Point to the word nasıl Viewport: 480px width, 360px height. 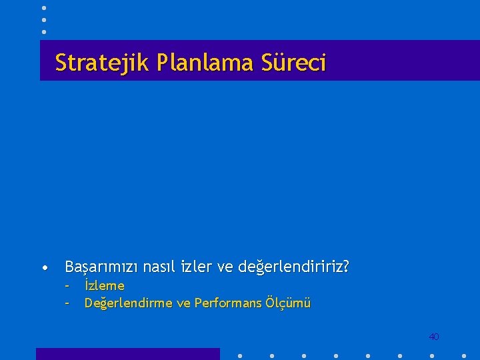(159, 267)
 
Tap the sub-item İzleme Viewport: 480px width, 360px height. (105, 286)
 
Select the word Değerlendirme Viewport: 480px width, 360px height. (126, 303)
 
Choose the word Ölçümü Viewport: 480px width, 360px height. (288, 303)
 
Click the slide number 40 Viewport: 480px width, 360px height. (433, 337)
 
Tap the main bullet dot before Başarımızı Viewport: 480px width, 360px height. (43, 269)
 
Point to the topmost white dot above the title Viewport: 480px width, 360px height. (44, 7)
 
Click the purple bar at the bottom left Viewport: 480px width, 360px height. (127, 354)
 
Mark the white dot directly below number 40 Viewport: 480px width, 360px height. (433, 355)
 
